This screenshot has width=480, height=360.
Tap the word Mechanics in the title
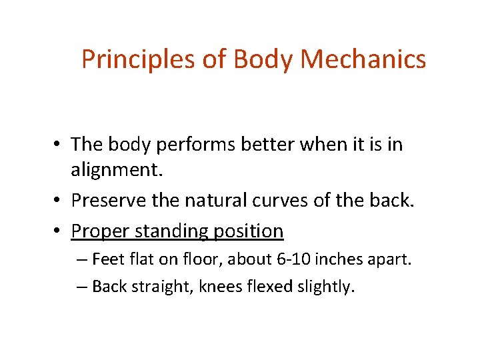(x=363, y=59)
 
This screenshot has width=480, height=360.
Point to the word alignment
(x=116, y=171)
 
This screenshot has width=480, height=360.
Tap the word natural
(x=219, y=200)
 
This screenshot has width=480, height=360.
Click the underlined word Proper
(x=101, y=231)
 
